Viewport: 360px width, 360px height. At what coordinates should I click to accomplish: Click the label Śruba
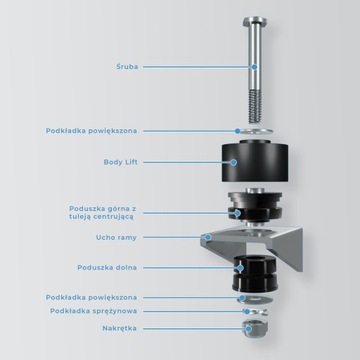click(127, 66)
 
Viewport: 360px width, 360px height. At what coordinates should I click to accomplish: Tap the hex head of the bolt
click(255, 22)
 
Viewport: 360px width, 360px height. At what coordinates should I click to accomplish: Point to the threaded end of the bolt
click(255, 106)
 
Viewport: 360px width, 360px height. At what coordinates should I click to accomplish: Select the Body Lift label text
click(120, 162)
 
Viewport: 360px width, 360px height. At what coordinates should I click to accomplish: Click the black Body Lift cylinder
click(255, 162)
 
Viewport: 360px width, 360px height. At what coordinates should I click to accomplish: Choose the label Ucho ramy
click(116, 238)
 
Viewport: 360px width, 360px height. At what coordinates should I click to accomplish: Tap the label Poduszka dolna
click(107, 268)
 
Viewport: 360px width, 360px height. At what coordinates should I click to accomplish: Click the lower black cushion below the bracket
click(255, 273)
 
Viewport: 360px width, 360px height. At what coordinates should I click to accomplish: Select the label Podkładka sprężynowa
click(94, 311)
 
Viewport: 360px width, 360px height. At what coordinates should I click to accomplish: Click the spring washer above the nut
click(255, 312)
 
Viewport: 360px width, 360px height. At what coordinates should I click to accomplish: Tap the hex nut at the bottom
click(255, 329)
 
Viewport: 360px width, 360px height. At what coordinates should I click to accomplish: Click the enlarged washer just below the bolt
click(255, 131)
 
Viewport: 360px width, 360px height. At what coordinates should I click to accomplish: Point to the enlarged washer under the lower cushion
click(255, 299)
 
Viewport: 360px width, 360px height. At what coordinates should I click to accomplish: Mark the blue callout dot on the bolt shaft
click(254, 67)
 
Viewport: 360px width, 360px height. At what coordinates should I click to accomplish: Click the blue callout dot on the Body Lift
click(233, 162)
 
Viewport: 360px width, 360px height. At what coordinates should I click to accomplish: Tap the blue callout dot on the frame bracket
click(208, 237)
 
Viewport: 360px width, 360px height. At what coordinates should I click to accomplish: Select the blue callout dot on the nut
click(248, 328)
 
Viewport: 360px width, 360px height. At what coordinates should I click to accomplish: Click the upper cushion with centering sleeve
click(255, 207)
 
